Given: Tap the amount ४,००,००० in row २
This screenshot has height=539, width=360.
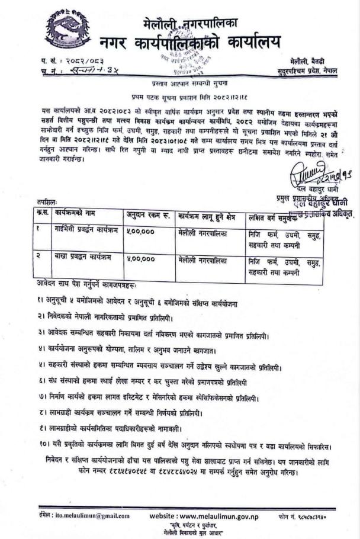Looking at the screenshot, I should (140, 258).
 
